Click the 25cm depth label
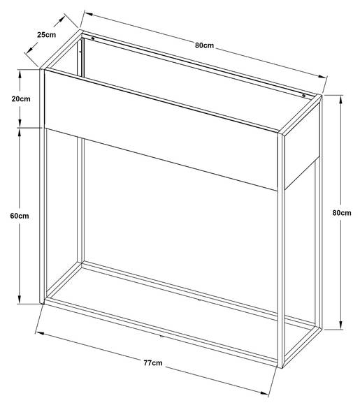pyautogui.click(x=47, y=35)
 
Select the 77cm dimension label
pyautogui.click(x=153, y=362)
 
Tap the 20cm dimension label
pyautogui.click(x=21, y=99)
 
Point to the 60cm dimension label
pyautogui.click(x=20, y=216)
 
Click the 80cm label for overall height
pyautogui.click(x=342, y=213)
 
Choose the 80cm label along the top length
pyautogui.click(x=204, y=45)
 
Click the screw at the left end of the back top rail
pyautogui.click(x=93, y=38)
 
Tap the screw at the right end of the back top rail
pyautogui.click(x=303, y=96)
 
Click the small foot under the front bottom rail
pyautogui.click(x=161, y=335)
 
